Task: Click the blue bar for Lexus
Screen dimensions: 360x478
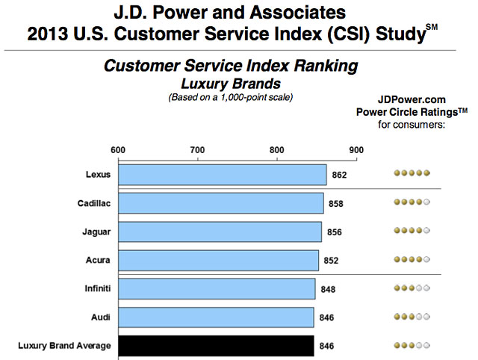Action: [x=223, y=175]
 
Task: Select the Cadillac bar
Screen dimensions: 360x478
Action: [x=221, y=203]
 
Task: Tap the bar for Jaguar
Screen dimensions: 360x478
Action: [x=220, y=232]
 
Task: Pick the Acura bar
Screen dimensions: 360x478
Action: [x=219, y=260]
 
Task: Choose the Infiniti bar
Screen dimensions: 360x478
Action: [x=217, y=289]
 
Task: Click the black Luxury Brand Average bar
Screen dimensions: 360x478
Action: [x=216, y=346]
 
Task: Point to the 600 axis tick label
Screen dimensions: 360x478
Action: [x=118, y=149]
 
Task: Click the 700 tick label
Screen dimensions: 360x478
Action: [x=198, y=149]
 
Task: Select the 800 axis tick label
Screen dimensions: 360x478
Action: [x=278, y=149]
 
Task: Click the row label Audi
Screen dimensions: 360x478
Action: [x=99, y=317]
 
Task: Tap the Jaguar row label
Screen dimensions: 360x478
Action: [x=96, y=232]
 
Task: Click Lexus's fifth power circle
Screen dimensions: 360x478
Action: [x=428, y=175]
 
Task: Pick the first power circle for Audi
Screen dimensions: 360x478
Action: [x=398, y=317]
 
